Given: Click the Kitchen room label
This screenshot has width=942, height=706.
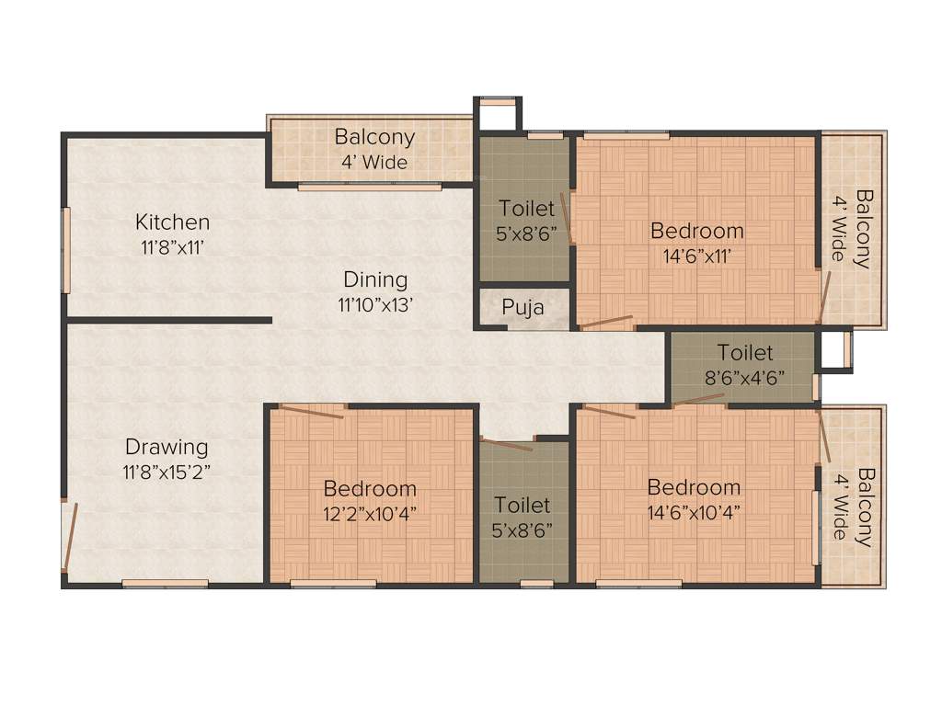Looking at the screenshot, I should pyautogui.click(x=173, y=222).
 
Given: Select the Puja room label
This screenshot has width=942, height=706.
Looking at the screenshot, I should pyautogui.click(x=523, y=307).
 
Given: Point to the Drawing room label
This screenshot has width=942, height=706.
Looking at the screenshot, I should pyautogui.click(x=167, y=448).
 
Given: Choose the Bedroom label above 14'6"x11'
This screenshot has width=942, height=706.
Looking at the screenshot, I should pyautogui.click(x=696, y=231).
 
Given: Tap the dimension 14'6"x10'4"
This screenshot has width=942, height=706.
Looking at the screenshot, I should pyautogui.click(x=694, y=512).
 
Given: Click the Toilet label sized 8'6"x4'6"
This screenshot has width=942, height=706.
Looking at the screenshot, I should pyautogui.click(x=745, y=352).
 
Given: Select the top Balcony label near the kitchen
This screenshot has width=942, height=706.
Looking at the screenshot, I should pyautogui.click(x=374, y=137).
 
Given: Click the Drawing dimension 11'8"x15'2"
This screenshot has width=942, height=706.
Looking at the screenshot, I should pyautogui.click(x=167, y=472).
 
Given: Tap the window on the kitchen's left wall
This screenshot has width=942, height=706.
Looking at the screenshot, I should pyautogui.click(x=65, y=250).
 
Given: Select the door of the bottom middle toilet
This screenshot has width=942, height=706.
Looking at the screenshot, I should pyautogui.click(x=506, y=445).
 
